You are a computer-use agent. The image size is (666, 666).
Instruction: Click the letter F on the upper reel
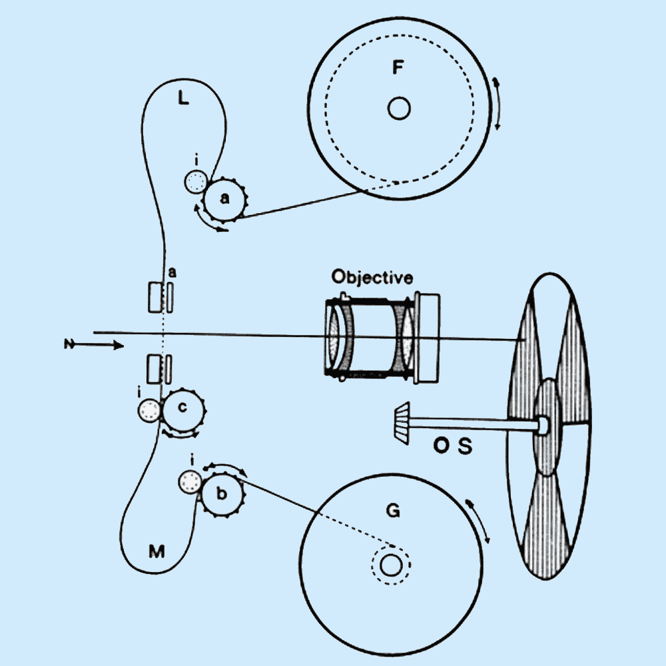[398, 68]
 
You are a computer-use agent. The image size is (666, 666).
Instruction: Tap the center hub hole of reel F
[399, 108]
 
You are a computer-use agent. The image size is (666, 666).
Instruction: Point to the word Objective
[372, 277]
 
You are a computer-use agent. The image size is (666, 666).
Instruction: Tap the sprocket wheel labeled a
[224, 198]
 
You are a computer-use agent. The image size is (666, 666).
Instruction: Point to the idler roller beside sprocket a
[196, 180]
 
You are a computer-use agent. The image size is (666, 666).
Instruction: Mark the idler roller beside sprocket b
[190, 482]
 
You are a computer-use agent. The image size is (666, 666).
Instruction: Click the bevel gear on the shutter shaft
[401, 424]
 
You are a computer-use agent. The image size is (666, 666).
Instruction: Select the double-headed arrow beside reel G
[480, 519]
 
